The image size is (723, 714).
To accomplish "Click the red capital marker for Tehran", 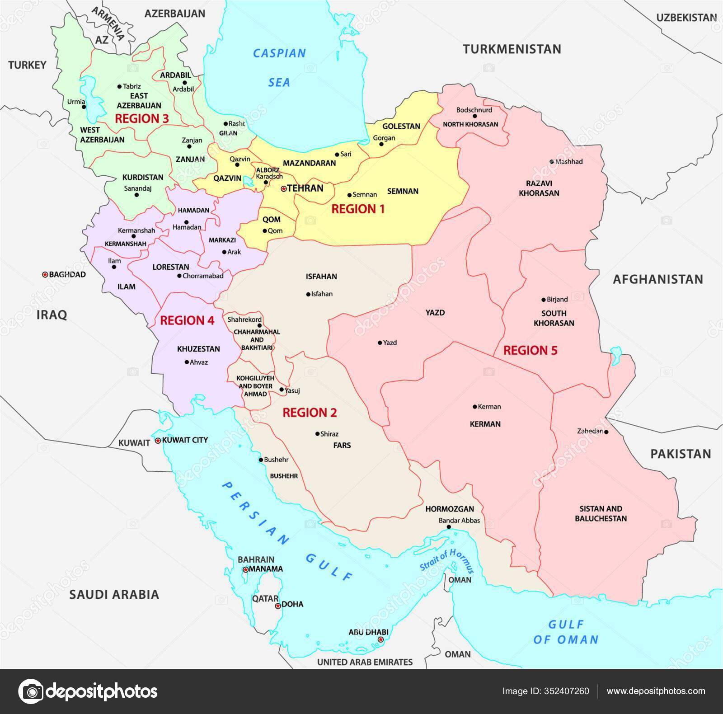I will pyautogui.click(x=283, y=188).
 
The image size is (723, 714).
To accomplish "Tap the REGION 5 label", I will pyautogui.click(x=530, y=350).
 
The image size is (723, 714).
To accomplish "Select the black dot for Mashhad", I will pyautogui.click(x=552, y=161).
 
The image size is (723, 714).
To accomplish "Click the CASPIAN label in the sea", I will pyautogui.click(x=279, y=53).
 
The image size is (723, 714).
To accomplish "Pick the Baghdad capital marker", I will pyautogui.click(x=45, y=275).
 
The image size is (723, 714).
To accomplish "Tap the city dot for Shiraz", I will pyautogui.click(x=317, y=434).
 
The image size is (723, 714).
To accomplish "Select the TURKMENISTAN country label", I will pyautogui.click(x=512, y=49).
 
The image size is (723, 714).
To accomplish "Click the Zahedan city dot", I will pyautogui.click(x=606, y=432).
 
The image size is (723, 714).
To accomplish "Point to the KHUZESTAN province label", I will pyautogui.click(x=198, y=349).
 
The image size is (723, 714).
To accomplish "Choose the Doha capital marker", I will pyautogui.click(x=278, y=606).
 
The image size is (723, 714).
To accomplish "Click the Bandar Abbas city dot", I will pyautogui.click(x=449, y=527).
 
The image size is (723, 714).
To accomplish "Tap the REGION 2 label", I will pyautogui.click(x=310, y=413).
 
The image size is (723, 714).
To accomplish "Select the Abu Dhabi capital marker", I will pyautogui.click(x=380, y=639).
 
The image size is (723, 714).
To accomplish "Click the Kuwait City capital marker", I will pyautogui.click(x=158, y=440).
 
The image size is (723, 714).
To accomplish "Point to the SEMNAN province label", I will pyautogui.click(x=403, y=191).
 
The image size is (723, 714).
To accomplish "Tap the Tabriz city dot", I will pyautogui.click(x=119, y=86).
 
